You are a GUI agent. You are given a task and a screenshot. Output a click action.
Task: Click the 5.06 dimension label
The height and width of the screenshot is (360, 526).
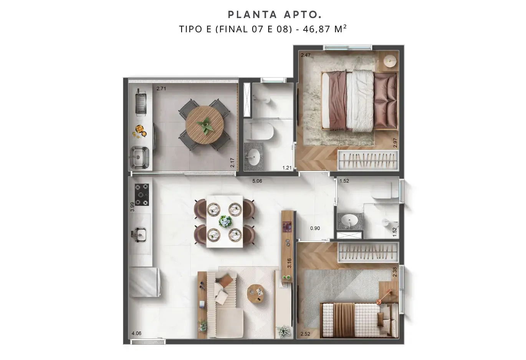pyautogui.click(x=257, y=181)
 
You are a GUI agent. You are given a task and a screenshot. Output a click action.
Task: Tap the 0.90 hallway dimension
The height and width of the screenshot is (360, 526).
pyautogui.click(x=315, y=228)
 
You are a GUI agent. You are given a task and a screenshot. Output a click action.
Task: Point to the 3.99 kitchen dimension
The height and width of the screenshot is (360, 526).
pyautogui.click(x=132, y=207)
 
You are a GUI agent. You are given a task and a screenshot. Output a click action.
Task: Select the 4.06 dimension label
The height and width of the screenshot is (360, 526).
pyautogui.click(x=136, y=333)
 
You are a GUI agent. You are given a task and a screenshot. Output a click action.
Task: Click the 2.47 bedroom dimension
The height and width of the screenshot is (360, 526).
pyautogui.click(x=306, y=55)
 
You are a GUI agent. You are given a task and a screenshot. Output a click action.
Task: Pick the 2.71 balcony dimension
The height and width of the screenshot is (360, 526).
pyautogui.click(x=161, y=89)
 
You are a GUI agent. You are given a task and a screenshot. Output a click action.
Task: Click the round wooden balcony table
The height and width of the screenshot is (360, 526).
pyautogui.click(x=205, y=125)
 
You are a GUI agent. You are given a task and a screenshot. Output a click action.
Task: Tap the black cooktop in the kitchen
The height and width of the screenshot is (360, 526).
pyautogui.click(x=142, y=195)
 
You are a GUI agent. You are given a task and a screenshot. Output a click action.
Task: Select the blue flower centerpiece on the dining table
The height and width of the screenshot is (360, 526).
pyautogui.click(x=225, y=221)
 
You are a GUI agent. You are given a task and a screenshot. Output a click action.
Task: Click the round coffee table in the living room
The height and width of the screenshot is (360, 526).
pyautogui.click(x=256, y=294)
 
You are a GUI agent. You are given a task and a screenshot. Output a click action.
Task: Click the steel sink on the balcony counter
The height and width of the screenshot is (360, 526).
pyautogui.click(x=139, y=158)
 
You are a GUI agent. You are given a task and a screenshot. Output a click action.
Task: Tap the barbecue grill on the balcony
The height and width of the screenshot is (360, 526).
pyautogui.click(x=141, y=103)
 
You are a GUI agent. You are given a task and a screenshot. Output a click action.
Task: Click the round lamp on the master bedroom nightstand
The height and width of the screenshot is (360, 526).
pyautogui.click(x=390, y=61)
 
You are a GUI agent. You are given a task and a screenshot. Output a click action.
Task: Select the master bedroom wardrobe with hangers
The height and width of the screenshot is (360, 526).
pyautogui.click(x=368, y=160)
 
